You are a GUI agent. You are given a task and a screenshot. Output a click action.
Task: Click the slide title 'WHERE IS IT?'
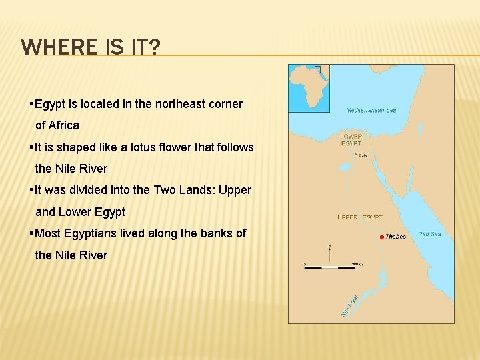90,47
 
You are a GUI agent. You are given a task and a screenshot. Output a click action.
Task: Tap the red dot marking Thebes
381,237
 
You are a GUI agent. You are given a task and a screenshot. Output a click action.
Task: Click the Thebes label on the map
395,237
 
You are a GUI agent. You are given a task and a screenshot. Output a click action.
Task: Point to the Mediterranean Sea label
371,110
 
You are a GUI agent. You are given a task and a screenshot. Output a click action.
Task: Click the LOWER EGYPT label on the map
351,140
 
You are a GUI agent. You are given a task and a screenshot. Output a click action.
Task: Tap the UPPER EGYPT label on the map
360,217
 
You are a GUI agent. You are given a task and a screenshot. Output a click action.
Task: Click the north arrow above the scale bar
329,251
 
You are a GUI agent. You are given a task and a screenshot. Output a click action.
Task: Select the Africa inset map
309,88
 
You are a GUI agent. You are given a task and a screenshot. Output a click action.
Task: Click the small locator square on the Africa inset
318,69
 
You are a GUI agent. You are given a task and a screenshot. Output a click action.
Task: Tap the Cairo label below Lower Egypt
363,156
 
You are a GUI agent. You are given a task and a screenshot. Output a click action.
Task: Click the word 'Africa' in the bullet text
63,125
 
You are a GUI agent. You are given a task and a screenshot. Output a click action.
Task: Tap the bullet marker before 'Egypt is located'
31,104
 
